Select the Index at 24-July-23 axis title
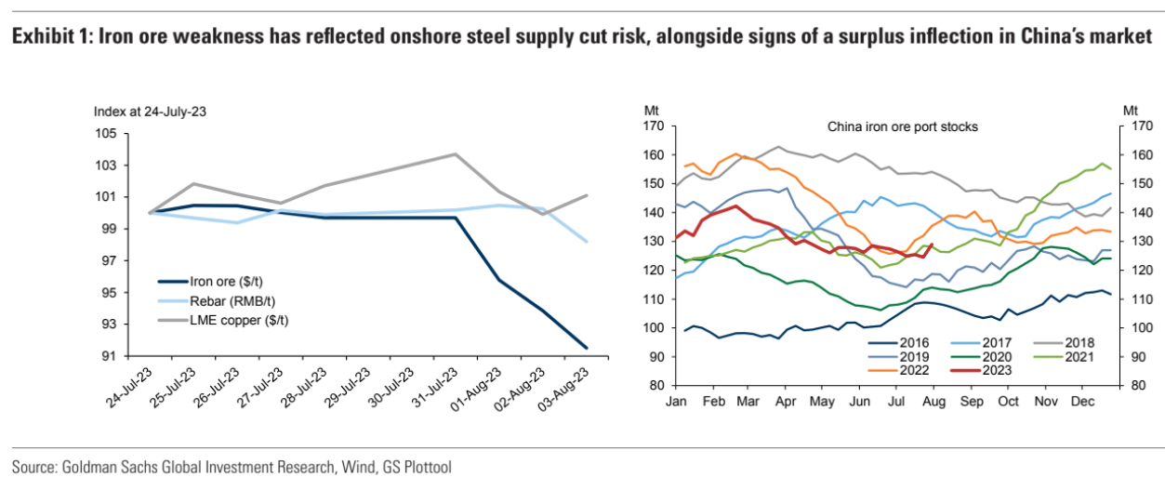pyautogui.click(x=150, y=112)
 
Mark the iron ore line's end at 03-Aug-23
pyautogui.click(x=586, y=348)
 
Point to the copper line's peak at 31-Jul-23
pyautogui.click(x=455, y=154)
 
